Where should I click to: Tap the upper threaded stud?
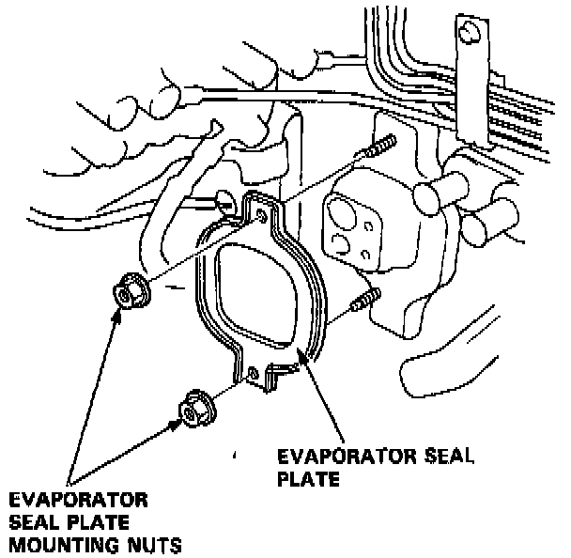point(379,148)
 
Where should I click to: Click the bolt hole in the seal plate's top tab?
point(260,218)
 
